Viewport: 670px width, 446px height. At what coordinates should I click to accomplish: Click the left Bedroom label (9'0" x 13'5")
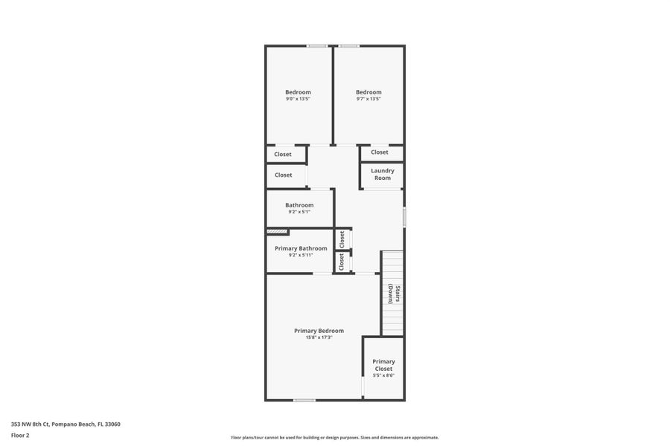click(x=298, y=92)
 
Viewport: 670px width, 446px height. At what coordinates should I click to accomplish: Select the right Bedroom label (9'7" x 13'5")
click(x=368, y=92)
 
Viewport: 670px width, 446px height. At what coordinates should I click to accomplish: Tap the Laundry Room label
click(x=383, y=174)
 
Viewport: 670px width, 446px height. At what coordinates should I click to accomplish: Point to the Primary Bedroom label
click(x=319, y=331)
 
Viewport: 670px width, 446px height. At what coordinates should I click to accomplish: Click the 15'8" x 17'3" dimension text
click(x=319, y=337)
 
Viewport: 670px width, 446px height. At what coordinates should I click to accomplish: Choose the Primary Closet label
click(x=383, y=365)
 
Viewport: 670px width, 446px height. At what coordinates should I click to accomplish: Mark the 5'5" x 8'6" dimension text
click(x=383, y=375)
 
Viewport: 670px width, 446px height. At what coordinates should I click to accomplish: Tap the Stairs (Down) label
click(x=394, y=295)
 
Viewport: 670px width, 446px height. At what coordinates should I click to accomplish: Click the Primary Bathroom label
click(x=301, y=248)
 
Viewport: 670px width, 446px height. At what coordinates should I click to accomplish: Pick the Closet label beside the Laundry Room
click(x=380, y=152)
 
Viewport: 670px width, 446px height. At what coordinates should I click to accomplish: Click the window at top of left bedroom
click(x=317, y=46)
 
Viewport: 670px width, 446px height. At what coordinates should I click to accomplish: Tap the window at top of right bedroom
click(x=349, y=46)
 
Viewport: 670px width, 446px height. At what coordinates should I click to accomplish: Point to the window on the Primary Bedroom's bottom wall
click(x=304, y=400)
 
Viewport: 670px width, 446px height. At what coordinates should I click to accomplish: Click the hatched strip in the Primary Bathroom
click(x=278, y=232)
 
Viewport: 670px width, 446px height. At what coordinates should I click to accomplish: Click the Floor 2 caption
click(x=20, y=435)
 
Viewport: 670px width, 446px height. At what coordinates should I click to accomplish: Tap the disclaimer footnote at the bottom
click(x=335, y=438)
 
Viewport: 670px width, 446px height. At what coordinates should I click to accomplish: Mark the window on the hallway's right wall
click(x=404, y=217)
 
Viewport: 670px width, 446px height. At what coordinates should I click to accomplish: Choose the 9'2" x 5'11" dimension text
click(x=301, y=255)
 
